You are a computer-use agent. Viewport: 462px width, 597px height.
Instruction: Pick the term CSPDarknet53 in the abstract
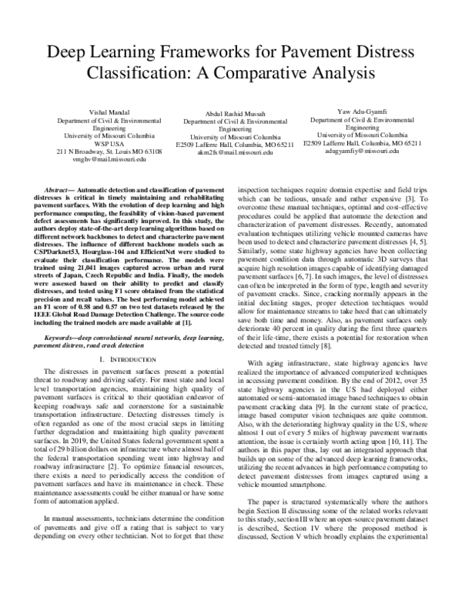66,260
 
